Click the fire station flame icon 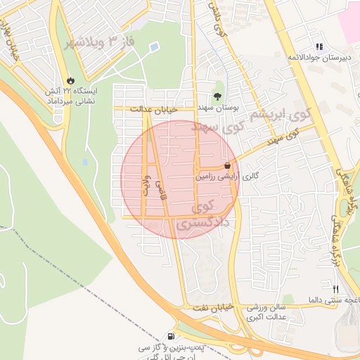70,79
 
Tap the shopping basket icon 226,165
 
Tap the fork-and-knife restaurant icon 335,289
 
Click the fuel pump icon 172,337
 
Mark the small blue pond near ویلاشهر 154,47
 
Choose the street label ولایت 146,184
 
